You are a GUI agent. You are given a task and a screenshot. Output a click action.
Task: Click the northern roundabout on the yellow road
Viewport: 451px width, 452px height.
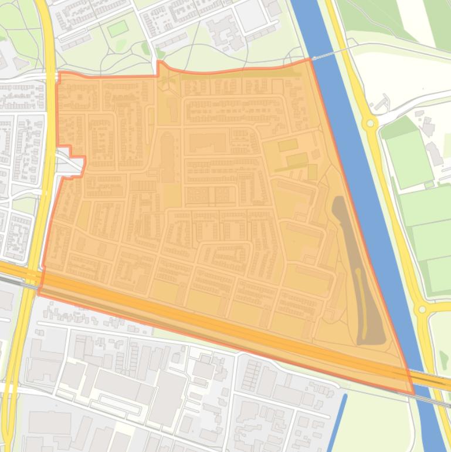coord(369,123)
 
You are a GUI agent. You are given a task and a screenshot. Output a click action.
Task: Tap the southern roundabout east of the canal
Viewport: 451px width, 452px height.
coord(421,309)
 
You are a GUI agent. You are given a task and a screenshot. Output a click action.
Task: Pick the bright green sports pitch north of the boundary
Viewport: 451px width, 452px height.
coord(117,28)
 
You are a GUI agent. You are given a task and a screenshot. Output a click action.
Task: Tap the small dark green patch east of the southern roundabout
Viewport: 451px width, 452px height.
coord(443,358)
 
